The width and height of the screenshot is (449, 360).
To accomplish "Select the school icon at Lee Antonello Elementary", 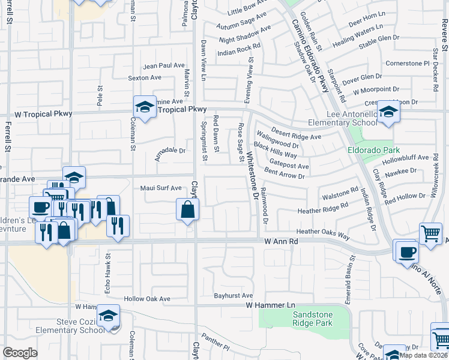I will click(x=388, y=112).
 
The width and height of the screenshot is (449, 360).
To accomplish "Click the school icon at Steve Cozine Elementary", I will click(x=107, y=316).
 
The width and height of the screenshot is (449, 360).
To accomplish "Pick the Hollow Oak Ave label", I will click(x=147, y=298).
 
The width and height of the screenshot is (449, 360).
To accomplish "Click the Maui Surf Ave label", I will click(x=161, y=188).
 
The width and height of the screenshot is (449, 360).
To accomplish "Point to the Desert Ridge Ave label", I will click(x=296, y=133).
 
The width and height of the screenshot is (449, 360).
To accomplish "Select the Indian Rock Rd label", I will click(x=239, y=49).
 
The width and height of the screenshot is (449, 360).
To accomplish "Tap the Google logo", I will click(x=20, y=352).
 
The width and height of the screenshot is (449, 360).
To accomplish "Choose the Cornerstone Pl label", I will click(x=408, y=63).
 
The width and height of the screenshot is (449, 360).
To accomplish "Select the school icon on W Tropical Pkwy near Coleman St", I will click(x=145, y=107).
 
